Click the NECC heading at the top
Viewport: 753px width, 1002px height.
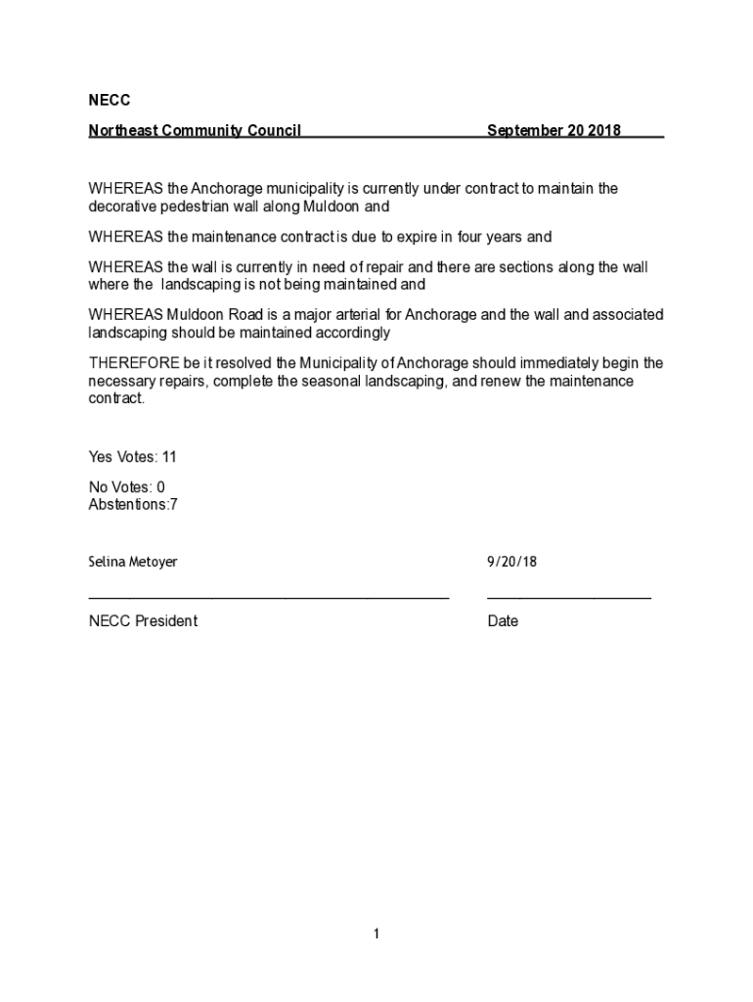point(109,100)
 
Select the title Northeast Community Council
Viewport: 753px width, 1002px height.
point(195,130)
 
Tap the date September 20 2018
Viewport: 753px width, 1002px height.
point(554,130)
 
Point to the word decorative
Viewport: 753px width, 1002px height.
point(123,206)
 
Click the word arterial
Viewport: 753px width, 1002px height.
point(366,314)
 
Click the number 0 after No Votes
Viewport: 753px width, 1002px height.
point(160,487)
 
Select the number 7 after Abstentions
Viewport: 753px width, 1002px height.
point(173,505)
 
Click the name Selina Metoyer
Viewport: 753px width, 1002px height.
point(133,563)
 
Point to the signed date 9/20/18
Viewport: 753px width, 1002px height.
point(512,563)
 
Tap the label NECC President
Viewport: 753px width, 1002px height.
point(143,621)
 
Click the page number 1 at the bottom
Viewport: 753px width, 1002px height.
point(376,934)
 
